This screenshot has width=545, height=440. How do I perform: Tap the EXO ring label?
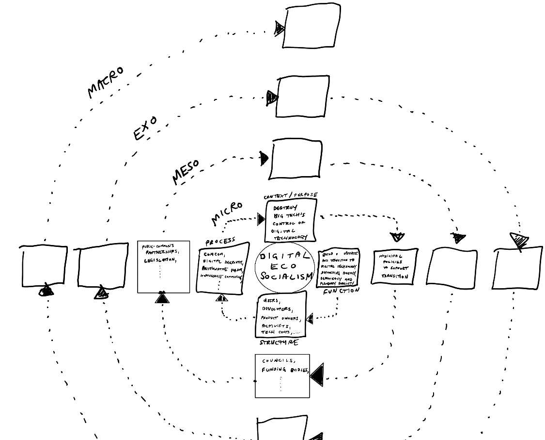coord(145,129)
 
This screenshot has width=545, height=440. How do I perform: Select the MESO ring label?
coord(186,172)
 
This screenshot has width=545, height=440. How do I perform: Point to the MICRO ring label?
coord(227,213)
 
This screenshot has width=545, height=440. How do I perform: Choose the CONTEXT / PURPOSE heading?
coord(291,196)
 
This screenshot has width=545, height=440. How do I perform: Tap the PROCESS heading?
coord(220,241)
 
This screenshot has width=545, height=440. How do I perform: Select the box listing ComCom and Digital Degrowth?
coord(223,269)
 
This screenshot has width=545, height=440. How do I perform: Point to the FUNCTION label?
coord(342,291)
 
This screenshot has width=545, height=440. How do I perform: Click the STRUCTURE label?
coord(279,342)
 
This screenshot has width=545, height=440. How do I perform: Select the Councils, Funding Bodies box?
coord(282,376)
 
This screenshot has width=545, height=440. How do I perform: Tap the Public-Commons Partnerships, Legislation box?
coord(163,266)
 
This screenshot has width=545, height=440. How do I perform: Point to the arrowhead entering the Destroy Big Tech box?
coord(262,220)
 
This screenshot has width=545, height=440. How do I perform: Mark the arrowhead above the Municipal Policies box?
coord(397,237)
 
